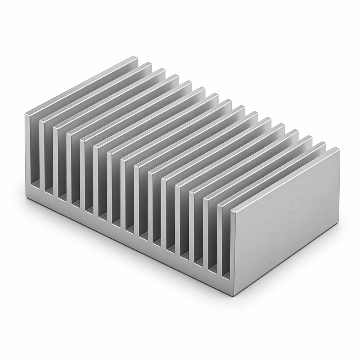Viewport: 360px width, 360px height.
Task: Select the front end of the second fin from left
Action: tap(41, 158)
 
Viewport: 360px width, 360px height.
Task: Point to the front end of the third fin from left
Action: tap(55, 163)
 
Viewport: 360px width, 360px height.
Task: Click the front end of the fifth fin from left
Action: tap(82, 176)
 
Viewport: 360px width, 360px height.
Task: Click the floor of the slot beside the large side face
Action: tap(226, 275)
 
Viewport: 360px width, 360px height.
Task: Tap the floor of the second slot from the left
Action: tap(48, 190)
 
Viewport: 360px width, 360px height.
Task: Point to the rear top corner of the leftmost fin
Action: tap(135, 57)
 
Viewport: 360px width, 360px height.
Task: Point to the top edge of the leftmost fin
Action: tap(81, 85)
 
